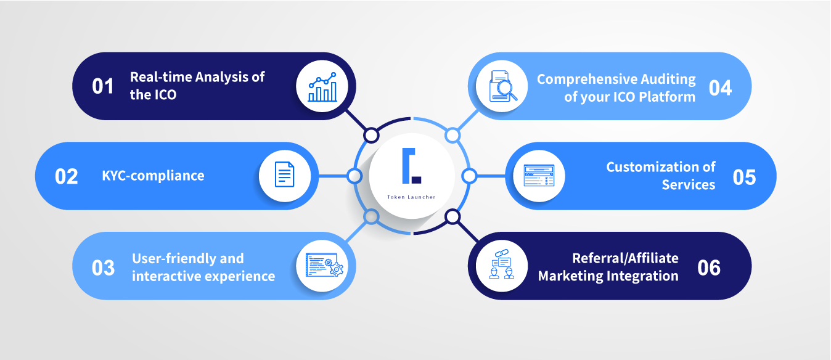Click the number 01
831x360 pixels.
tap(103, 86)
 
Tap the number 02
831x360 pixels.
tap(67, 176)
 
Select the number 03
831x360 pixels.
tap(103, 268)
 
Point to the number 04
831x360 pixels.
tap(720, 88)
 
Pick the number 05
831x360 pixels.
tap(744, 178)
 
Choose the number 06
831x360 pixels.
tap(709, 268)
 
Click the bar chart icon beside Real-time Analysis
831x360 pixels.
tap(322, 87)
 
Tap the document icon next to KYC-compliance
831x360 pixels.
tap(285, 174)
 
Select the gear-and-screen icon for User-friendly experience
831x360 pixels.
tap(324, 265)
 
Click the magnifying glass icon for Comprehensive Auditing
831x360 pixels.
tap(503, 86)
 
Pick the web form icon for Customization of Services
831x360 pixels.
tap(539, 175)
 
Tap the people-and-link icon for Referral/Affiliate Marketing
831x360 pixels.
tap(502, 264)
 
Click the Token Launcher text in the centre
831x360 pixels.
tap(411, 197)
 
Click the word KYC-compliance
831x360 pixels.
tap(153, 176)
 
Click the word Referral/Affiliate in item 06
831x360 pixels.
tap(626, 258)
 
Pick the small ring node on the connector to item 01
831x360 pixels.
tap(371, 136)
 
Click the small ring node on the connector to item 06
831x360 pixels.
tap(452, 217)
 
